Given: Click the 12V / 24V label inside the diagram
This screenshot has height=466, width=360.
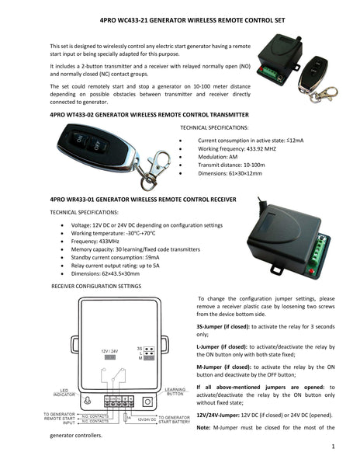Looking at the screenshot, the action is click(x=109, y=351).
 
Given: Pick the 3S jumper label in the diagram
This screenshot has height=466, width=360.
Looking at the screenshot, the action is click(x=139, y=348).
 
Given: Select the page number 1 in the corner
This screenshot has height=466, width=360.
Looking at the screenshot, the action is click(x=332, y=447).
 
